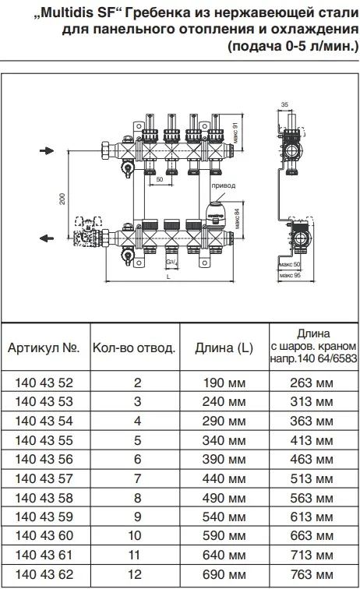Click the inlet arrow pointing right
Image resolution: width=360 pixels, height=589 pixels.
[x=47, y=151]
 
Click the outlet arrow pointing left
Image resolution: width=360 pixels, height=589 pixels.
[x=47, y=238]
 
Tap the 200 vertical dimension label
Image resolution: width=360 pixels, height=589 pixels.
[x=62, y=199]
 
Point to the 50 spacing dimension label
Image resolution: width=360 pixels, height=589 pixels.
[x=160, y=179]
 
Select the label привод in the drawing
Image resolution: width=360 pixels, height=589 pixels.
[x=223, y=185]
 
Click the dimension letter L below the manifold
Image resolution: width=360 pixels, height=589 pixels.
[x=169, y=277]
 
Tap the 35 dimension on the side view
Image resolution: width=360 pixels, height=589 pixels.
[x=284, y=104]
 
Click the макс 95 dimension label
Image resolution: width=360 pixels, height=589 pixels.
[x=290, y=276]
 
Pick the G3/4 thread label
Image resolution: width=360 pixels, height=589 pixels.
[x=171, y=263]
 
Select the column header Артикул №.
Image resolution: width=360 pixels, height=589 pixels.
[x=44, y=347]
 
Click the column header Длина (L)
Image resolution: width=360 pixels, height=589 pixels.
[x=224, y=348]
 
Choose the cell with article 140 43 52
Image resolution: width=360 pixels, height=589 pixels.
[x=44, y=383]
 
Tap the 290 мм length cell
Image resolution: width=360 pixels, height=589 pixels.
[x=224, y=421]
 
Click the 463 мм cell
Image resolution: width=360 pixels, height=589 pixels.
[x=312, y=460]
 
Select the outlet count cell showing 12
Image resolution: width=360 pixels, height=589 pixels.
[x=135, y=574]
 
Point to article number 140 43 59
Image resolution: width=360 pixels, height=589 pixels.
[x=44, y=517]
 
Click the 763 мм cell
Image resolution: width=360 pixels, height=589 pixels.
[x=312, y=574]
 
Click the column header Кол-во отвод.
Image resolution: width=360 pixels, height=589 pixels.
[x=134, y=348]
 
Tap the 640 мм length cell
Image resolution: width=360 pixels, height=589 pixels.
[x=224, y=555]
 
